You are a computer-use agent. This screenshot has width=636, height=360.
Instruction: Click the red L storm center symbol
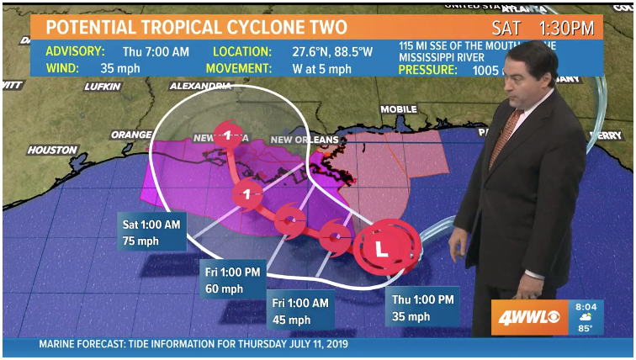(x=381, y=249)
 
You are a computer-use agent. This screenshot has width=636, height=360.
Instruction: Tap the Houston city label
(x=52, y=151)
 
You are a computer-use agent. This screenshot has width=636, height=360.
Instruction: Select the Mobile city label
(x=399, y=109)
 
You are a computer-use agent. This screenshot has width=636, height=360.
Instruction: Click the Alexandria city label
(x=200, y=86)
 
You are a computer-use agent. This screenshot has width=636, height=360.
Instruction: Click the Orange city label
(x=131, y=135)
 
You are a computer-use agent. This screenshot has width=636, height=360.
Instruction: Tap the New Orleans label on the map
(x=305, y=139)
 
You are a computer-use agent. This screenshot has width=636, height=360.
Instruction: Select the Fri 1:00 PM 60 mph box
(x=233, y=279)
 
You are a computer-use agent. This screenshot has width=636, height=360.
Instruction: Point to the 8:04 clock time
(x=585, y=307)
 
